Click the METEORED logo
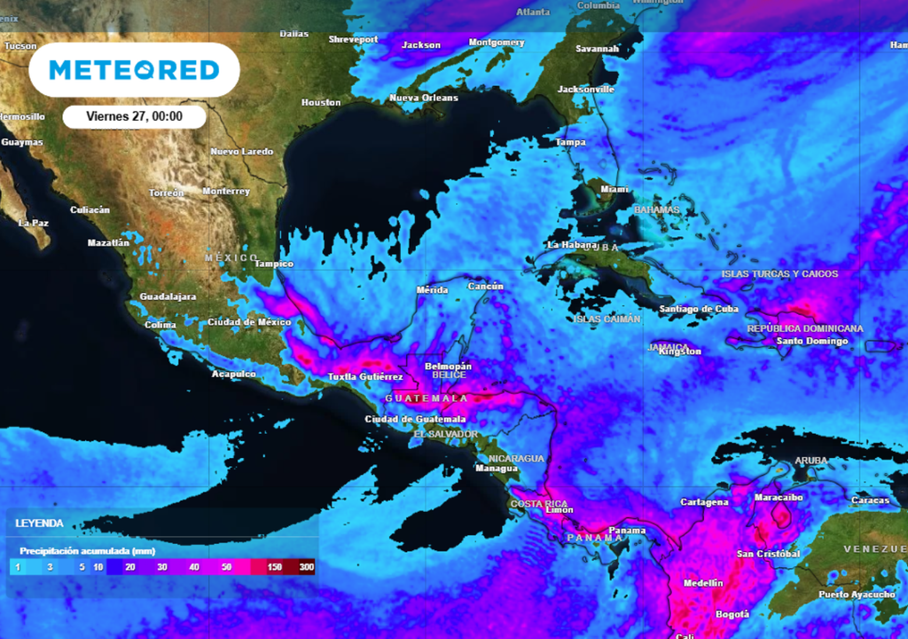coord(134,70)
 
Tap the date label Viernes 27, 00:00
coord(134,116)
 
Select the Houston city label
coord(321,103)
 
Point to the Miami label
coord(614,189)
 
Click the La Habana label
coord(571,244)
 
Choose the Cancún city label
coord(485,287)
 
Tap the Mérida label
coord(433,290)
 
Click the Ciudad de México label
coord(249,321)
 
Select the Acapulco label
coord(233,374)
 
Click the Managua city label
coord(497,468)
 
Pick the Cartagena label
coord(704,502)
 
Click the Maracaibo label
coord(778,498)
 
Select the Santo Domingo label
coord(812,341)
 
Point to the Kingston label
coord(681,351)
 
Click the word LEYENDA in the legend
coord(39,524)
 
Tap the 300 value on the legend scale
coord(307,566)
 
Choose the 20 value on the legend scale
coord(129,566)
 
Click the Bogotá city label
coord(732,614)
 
